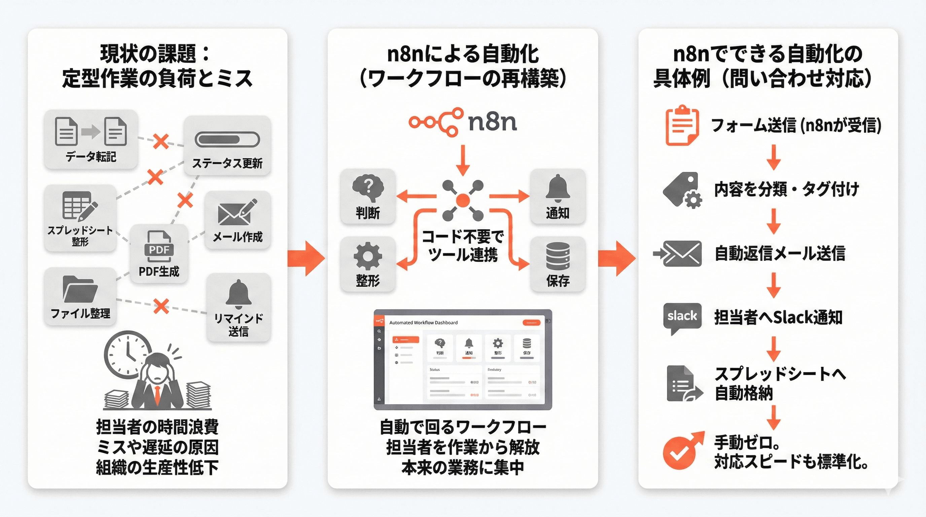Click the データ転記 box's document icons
point(91,132)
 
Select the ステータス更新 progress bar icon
point(227,139)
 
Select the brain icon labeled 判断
point(368,188)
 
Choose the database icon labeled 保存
point(558,256)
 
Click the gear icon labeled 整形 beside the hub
point(367,256)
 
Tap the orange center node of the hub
point(463,200)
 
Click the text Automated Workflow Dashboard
point(423,322)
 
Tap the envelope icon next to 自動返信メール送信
point(681,253)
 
